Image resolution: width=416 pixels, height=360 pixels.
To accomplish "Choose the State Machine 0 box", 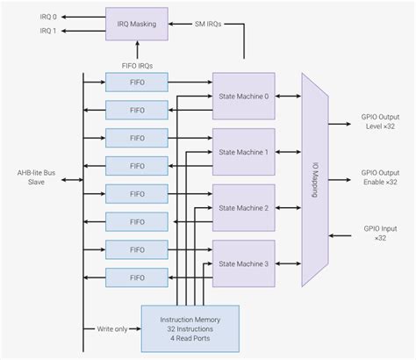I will pyautogui.click(x=242, y=96).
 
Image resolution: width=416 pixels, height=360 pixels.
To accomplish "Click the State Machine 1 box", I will pyautogui.click(x=242, y=152).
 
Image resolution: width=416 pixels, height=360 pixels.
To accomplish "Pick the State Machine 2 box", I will pyautogui.click(x=242, y=208).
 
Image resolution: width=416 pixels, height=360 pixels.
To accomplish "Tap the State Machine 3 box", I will pyautogui.click(x=242, y=263).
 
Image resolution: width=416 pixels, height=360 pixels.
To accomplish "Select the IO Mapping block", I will pyautogui.click(x=314, y=180).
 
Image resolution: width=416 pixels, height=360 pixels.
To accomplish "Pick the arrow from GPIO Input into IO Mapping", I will pyautogui.click(x=338, y=235).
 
